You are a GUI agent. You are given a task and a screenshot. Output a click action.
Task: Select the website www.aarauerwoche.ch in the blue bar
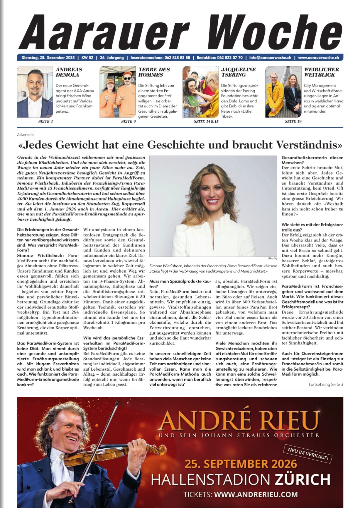[318, 58]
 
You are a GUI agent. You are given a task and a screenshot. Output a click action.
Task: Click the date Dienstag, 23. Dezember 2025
[48, 58]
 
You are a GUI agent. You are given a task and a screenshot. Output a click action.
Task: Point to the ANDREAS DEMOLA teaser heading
[69, 72]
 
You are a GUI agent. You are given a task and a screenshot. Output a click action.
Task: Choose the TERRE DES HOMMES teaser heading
[154, 72]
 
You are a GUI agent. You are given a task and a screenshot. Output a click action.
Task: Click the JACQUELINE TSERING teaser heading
[238, 72]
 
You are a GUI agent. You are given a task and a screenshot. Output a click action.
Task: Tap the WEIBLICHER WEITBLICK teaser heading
[321, 72]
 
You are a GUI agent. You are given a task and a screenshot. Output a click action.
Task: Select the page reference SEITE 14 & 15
[206, 121]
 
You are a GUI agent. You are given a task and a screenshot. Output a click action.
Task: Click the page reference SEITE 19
[293, 121]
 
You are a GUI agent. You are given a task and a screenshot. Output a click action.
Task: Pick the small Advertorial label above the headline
[26, 135]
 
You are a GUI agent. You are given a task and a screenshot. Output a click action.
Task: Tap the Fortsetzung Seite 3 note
[326, 385]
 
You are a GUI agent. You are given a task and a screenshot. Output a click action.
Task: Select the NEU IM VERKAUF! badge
[308, 454]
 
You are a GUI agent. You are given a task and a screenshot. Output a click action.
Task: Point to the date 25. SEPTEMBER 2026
[241, 464]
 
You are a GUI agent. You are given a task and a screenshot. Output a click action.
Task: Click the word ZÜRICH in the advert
[302, 480]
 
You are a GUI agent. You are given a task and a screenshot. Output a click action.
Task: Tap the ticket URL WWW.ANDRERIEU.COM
[256, 494]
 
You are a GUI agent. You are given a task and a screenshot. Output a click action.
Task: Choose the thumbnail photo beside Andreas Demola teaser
[35, 92]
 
